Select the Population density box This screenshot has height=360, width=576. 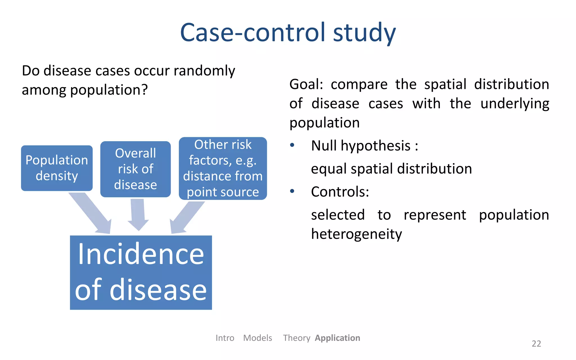[57, 168]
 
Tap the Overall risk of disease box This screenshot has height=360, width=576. [135, 169]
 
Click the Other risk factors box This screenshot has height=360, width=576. [223, 168]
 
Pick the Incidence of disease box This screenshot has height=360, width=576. [141, 272]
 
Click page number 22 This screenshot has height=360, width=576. [536, 343]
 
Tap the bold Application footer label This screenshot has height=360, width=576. [337, 338]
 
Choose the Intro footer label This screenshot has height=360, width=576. [225, 338]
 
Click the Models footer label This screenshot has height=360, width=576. [257, 338]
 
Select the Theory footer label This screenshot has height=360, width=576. [296, 338]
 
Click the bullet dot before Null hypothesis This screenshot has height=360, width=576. [292, 145]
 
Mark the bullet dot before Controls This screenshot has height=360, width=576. [292, 191]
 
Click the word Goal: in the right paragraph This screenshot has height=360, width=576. [306, 84]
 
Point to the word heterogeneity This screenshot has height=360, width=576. [356, 234]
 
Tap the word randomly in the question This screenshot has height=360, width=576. [204, 71]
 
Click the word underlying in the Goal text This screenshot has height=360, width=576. [514, 103]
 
